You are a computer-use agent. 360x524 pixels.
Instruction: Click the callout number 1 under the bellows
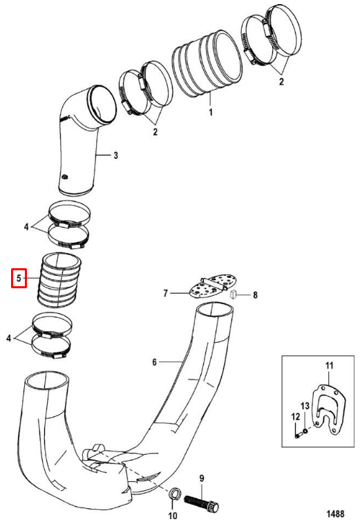tap(210, 112)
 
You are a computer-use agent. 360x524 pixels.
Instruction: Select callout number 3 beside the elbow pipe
tap(115, 155)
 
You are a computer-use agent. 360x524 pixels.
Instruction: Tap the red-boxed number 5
tap(19, 278)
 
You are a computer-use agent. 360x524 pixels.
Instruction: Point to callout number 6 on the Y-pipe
tap(154, 362)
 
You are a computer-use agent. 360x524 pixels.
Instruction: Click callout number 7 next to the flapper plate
tap(165, 293)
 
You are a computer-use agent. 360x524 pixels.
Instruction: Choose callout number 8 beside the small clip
tap(255, 295)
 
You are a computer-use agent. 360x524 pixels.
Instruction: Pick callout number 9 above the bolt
tap(202, 478)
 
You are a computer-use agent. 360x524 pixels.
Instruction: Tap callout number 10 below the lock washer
tap(173, 516)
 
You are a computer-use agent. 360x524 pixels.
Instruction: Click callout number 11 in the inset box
tap(330, 365)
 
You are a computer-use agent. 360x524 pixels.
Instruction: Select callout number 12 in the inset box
tap(296, 417)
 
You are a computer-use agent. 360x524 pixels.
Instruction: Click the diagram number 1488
tap(335, 514)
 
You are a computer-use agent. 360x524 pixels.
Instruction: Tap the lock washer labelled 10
tap(173, 494)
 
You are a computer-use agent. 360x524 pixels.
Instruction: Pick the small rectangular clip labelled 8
tap(233, 294)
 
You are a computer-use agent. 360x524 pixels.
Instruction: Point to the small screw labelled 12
tap(299, 435)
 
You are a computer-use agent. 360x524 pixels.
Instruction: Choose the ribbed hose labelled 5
tap(60, 279)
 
